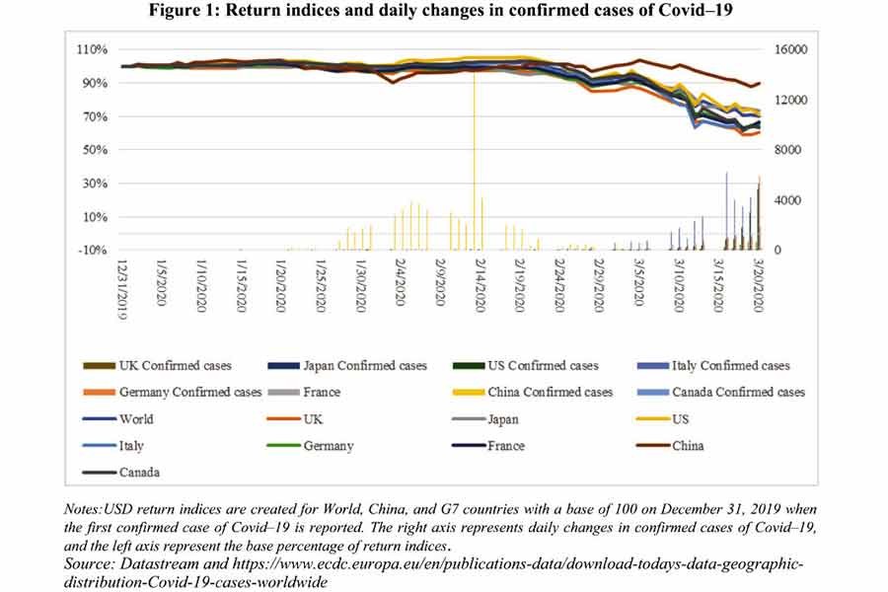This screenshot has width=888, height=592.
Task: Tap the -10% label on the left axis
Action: tap(92, 251)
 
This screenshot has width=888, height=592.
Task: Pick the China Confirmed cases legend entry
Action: tap(550, 393)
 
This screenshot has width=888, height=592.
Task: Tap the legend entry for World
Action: tap(135, 418)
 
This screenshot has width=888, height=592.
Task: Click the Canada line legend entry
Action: tap(140, 472)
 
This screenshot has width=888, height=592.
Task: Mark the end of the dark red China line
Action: tap(760, 84)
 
